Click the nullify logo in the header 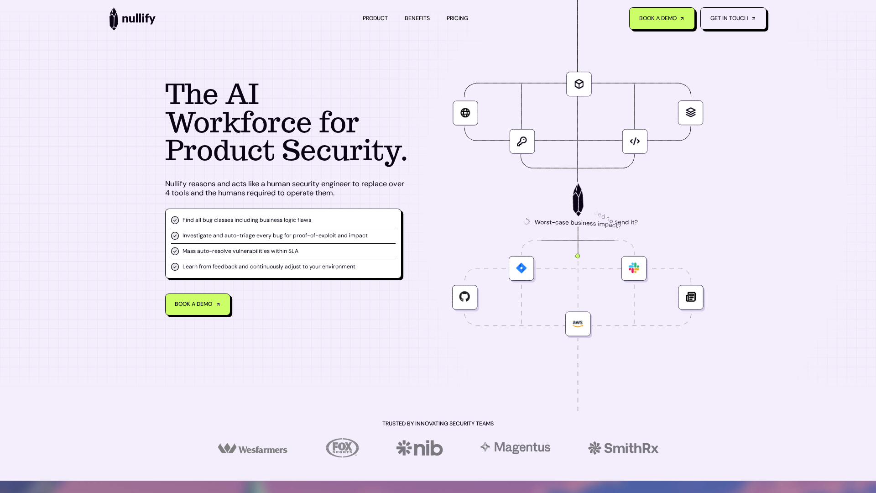coord(132,19)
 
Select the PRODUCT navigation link coord(375,18)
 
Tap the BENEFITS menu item coord(417,18)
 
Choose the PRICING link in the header coord(457,18)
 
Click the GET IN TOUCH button coord(733,19)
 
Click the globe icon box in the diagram coord(465,113)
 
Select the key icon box coord(522,142)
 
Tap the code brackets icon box coord(635,142)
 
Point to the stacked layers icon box coord(690,113)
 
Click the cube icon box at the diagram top coord(579,84)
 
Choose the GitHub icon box coord(464,297)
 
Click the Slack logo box coord(634,268)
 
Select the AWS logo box coord(578,324)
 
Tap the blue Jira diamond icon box coord(521,268)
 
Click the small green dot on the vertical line coord(578,256)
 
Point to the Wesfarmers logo coord(253,449)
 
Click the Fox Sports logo coord(342,448)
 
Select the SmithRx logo coord(623,448)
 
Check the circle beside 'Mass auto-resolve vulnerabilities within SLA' coord(175,251)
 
